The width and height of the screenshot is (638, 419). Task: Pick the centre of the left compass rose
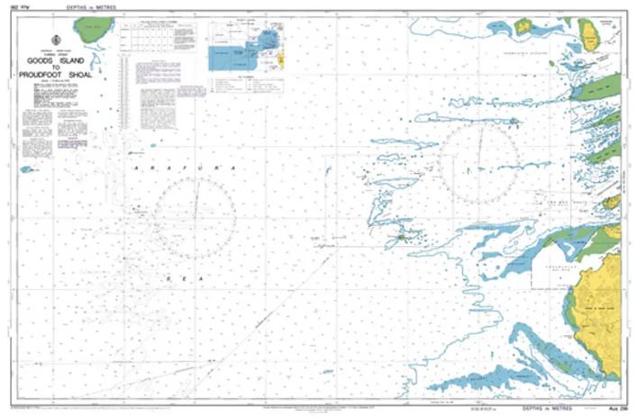tap(194, 219)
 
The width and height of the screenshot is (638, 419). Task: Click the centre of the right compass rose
tap(478, 163)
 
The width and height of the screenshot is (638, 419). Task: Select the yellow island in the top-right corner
tap(591, 35)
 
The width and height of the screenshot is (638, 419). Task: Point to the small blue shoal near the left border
tap(28, 169)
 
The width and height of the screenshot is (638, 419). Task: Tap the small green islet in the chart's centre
tap(402, 238)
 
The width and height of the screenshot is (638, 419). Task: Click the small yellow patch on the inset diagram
tap(281, 60)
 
